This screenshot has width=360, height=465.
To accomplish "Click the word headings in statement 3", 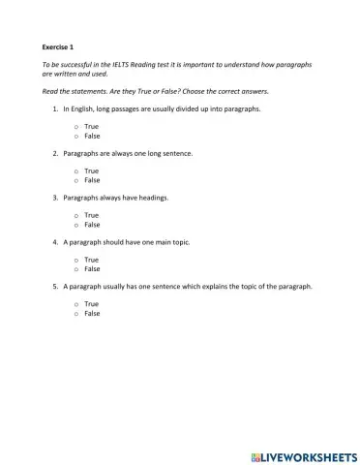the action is pyautogui.click(x=154, y=198).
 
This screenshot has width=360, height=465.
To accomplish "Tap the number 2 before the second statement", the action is pyautogui.click(x=54, y=153).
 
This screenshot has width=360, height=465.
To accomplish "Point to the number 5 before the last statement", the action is pyautogui.click(x=54, y=287).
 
